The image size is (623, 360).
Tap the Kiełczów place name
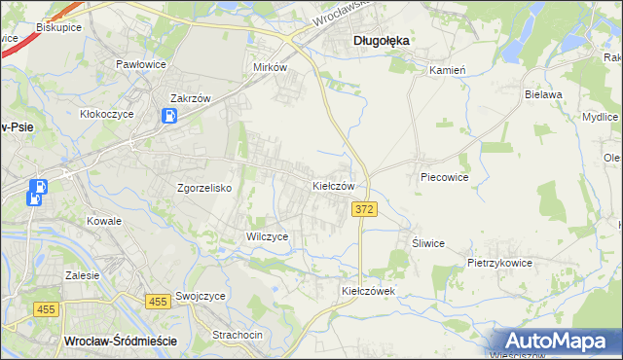pyautogui.click(x=339, y=185)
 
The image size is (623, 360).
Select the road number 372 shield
pyautogui.click(x=364, y=210)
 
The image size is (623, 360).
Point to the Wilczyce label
pyautogui.click(x=267, y=236)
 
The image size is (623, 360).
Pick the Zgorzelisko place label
pyautogui.click(x=202, y=189)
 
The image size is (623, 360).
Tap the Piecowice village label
pyautogui.click(x=444, y=178)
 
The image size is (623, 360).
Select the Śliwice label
pyautogui.click(x=427, y=243)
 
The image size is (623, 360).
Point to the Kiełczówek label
pyautogui.click(x=367, y=291)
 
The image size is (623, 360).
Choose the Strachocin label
pyautogui.click(x=238, y=335)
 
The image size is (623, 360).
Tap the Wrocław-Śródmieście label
pyautogui.click(x=119, y=341)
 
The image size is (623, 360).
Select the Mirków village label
pyautogui.click(x=270, y=68)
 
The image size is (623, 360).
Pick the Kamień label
pyautogui.click(x=448, y=71)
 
